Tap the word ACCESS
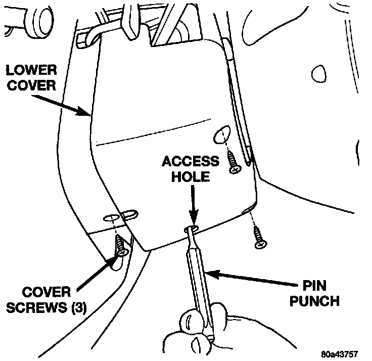click(190, 161)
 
